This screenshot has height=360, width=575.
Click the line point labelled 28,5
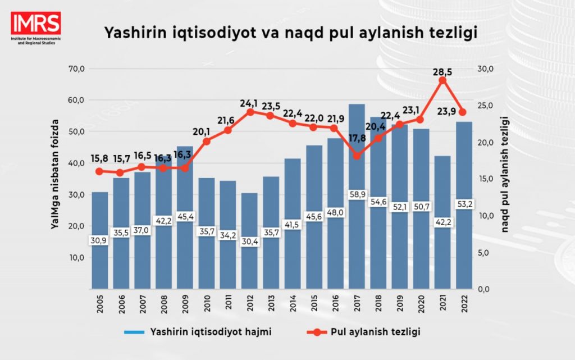coord(442,80)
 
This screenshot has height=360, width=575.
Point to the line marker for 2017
coord(357,155)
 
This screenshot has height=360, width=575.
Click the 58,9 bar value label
coord(357,194)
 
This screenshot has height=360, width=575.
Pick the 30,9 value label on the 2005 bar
coord(100,240)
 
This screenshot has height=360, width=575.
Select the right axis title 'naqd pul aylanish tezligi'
coord(506,174)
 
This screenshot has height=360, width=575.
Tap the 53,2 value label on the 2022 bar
coord(463,203)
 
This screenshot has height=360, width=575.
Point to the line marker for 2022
coord(463,112)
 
